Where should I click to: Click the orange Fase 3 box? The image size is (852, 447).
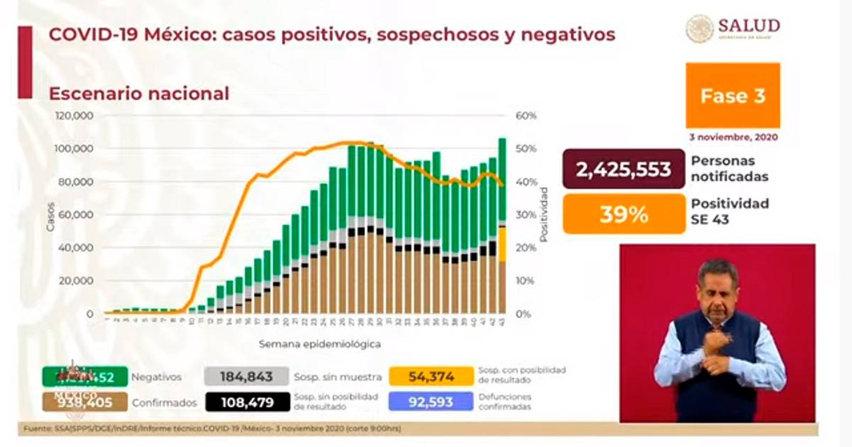(x=733, y=95)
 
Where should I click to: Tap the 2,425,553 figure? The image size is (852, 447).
(x=624, y=169)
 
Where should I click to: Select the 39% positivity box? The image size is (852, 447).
(x=624, y=214)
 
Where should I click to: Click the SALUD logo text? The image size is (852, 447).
(x=748, y=27)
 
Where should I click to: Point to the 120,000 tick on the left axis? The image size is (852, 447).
(x=73, y=116)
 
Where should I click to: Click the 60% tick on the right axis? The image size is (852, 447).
(x=526, y=116)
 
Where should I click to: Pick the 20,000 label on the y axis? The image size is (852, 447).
(x=76, y=281)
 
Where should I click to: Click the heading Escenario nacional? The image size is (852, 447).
(x=138, y=94)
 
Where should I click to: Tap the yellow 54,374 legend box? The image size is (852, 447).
(x=431, y=377)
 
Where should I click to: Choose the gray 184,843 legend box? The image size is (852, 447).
(x=246, y=377)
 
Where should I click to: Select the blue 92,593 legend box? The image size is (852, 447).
(x=431, y=402)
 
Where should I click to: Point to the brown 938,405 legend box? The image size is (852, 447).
(x=84, y=402)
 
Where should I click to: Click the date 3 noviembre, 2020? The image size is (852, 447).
(x=733, y=136)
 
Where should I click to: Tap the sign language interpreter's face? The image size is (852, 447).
(x=717, y=287)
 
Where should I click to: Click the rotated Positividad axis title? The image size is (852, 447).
(x=544, y=214)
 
